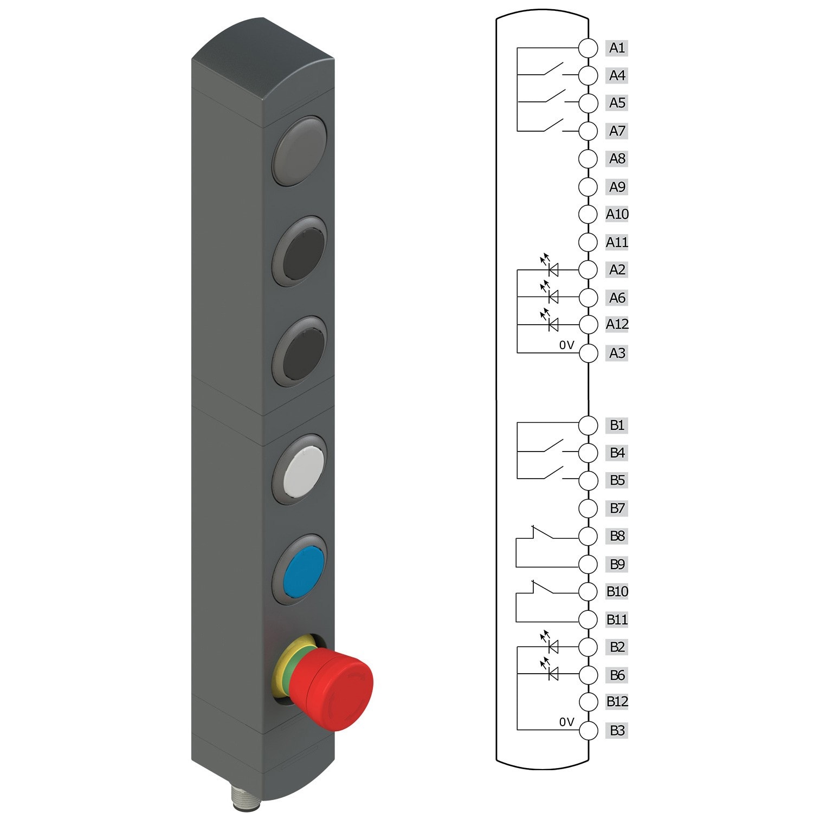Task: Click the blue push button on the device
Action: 303,571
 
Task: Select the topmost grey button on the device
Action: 300,152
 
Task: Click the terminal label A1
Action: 616,48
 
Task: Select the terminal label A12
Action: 617,324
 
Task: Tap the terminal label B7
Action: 617,508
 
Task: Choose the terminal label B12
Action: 617,701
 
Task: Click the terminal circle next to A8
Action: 588,159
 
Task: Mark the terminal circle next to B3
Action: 588,730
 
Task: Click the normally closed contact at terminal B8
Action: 544,533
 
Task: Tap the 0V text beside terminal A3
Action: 566,345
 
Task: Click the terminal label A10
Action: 617,214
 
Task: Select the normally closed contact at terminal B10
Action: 544,588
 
